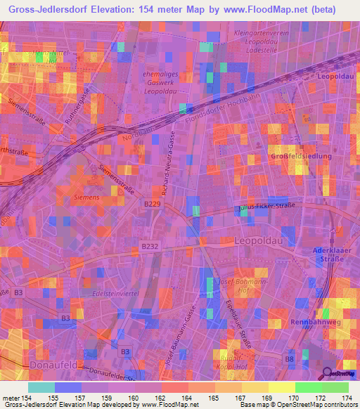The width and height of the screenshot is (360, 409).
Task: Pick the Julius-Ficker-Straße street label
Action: coord(264,207)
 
